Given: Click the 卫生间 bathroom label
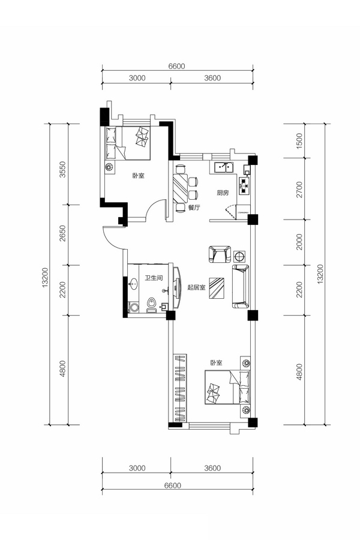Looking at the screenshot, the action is point(154,278).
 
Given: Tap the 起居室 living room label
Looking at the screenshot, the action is point(196,287).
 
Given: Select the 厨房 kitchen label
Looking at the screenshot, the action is point(223,193).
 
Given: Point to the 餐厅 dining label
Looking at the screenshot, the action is point(194,208).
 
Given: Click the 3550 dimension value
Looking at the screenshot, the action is point(62,169).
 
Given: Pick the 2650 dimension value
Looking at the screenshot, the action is point(62,233).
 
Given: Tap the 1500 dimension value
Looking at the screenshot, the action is point(299,140).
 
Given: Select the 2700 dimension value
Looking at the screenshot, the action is point(299,190).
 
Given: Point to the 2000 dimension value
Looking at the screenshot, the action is point(299,242).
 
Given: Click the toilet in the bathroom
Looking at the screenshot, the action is point(152,305).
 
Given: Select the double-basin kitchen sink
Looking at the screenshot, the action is point(224,168).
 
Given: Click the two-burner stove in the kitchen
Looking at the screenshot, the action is point(244,186).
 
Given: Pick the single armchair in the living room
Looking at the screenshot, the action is point(220,254).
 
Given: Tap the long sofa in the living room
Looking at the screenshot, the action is point(241,287).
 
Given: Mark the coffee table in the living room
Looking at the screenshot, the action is point(217,288).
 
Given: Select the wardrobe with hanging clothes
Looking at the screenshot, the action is point(179,388).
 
